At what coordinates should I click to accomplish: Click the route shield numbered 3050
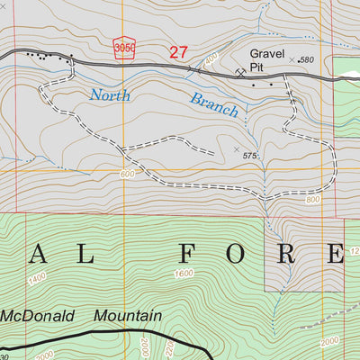point(124,49)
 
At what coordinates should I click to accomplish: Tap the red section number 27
point(178,53)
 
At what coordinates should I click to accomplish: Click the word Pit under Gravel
point(259,67)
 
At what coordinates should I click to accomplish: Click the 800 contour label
point(312,200)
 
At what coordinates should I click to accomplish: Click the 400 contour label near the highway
point(211,61)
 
